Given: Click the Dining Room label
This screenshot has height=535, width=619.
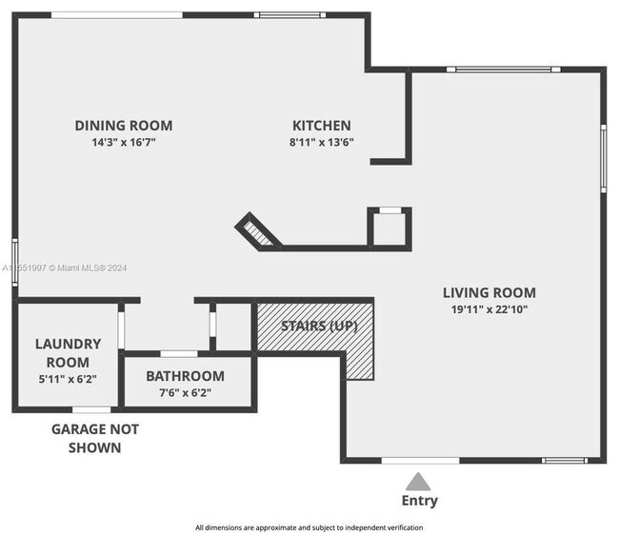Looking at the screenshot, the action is point(124,126).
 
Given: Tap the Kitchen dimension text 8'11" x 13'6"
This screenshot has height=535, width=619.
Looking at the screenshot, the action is point(321,142).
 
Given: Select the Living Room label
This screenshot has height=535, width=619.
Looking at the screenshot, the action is point(489,293).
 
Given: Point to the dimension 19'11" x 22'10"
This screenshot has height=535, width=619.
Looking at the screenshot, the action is point(489,309).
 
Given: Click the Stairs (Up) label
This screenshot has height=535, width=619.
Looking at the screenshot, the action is point(319,326).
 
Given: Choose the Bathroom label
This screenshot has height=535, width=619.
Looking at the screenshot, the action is point(185,376).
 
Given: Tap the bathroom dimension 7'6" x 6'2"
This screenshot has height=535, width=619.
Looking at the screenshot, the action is point(185,393).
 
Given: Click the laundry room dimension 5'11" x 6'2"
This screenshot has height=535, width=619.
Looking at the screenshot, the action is point(68,379).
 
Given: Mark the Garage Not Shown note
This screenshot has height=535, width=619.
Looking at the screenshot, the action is point(94,438).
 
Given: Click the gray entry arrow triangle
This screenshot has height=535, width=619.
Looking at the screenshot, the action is point(418,482).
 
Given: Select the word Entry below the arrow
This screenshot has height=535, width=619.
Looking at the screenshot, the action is point(419,501).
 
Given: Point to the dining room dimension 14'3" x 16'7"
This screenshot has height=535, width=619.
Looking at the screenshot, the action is point(124,142).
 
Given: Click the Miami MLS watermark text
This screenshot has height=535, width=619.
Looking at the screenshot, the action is point(65,267).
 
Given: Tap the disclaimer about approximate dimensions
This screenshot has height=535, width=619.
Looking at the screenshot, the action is point(309,527).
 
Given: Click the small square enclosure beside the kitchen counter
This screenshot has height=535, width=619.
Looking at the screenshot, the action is point(389,228).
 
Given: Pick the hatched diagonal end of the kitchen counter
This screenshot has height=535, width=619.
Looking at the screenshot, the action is point(257,233).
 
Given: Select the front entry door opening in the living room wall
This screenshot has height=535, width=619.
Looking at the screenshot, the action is point(420,461).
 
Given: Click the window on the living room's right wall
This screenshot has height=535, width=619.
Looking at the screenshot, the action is point(603,159).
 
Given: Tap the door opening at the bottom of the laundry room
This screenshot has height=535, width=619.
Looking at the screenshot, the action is point(91,410).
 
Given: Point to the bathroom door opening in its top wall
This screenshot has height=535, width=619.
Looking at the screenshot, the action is point(179,354).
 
